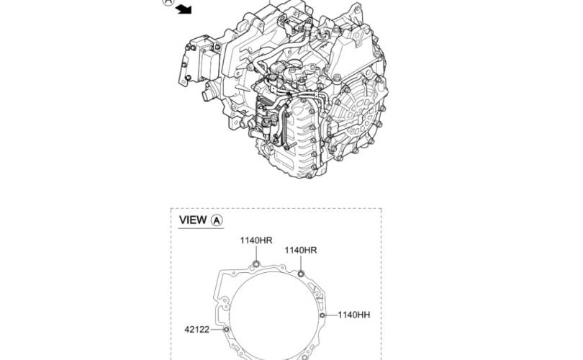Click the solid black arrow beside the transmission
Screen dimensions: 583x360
[x=184, y=9]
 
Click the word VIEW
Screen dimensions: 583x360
[x=193, y=220]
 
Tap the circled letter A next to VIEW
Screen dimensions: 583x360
[x=217, y=220]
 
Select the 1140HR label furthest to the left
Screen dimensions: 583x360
[x=256, y=240]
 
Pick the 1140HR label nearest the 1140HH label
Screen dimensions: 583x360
[x=301, y=251]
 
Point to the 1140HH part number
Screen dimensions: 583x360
[x=354, y=315]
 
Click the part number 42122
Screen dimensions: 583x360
[x=197, y=330]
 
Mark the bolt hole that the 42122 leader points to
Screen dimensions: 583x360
[x=227, y=330]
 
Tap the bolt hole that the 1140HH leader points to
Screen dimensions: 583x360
[x=322, y=315]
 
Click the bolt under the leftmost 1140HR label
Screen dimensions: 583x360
[x=256, y=264]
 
